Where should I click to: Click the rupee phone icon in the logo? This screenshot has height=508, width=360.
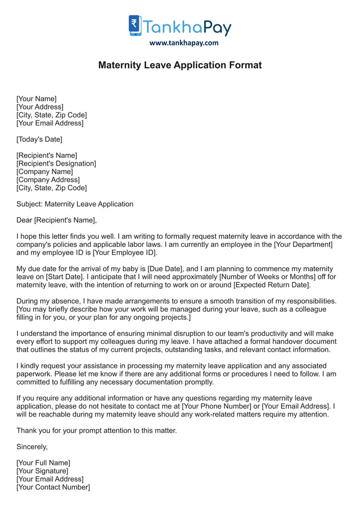tap(135, 25)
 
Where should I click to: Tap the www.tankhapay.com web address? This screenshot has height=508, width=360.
tap(184, 43)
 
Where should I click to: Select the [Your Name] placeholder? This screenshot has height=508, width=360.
tap(37, 99)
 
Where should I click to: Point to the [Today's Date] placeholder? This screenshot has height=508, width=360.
tap(39, 139)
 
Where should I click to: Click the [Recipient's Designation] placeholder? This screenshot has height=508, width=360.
tap(56, 164)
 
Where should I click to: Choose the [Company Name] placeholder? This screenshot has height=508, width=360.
tap(45, 172)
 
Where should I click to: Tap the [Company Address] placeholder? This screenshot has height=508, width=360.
tap(48, 180)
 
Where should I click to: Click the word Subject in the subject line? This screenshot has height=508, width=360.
tap(29, 204)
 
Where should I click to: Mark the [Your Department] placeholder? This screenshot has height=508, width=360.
tap(303, 245)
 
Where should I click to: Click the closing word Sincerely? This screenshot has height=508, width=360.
tap(32, 447)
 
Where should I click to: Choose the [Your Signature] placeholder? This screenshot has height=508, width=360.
tap(42, 471)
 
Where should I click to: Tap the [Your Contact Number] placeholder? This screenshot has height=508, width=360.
tap(53, 487)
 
